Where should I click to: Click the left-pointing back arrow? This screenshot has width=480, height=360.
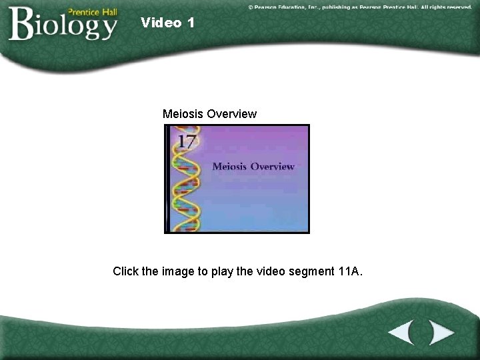pos(401,333)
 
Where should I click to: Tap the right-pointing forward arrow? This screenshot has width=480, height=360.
pos(440,333)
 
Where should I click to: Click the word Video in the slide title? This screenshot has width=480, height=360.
pos(161,23)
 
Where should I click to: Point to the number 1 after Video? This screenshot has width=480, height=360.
pos(191,23)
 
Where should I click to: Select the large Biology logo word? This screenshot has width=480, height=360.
pos(63,25)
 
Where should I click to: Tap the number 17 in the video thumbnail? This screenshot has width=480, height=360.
pos(187,141)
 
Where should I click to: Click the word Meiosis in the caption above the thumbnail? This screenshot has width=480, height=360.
pos(183,114)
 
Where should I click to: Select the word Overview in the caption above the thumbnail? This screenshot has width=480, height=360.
pos(231,114)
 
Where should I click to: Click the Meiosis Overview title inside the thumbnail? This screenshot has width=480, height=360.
pos(253,167)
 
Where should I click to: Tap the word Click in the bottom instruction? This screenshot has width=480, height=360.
pos(126,271)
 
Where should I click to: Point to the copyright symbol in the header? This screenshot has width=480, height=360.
pos(251,7)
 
